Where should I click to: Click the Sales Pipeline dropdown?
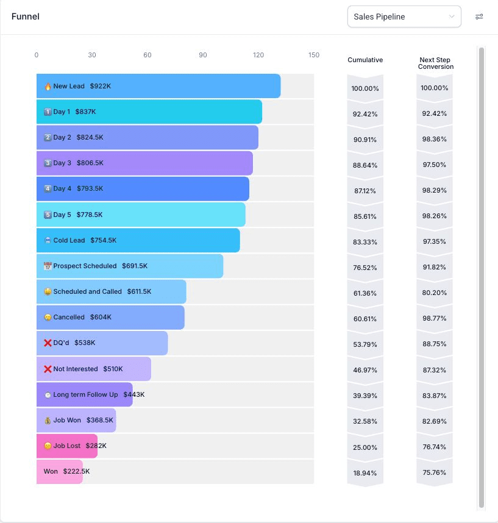[404, 16]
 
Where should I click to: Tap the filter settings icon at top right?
[479, 16]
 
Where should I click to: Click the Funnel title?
[26, 16]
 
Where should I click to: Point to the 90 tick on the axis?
[203, 55]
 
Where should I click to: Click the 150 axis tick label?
[314, 55]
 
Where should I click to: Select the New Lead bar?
[158, 86]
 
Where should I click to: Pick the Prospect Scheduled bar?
[130, 266]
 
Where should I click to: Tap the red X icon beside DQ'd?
[48, 343]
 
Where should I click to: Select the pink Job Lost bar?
[66, 446]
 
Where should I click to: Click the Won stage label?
[51, 471]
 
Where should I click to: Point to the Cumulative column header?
[365, 60]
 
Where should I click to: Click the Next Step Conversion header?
[435, 63]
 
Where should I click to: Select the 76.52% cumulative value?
[365, 268]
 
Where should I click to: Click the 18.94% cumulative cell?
[365, 473]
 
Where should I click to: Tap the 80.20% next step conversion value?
[435, 293]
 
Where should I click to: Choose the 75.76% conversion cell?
[435, 472]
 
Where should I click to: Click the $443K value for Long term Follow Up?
[134, 394]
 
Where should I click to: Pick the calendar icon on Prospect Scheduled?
[48, 266]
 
